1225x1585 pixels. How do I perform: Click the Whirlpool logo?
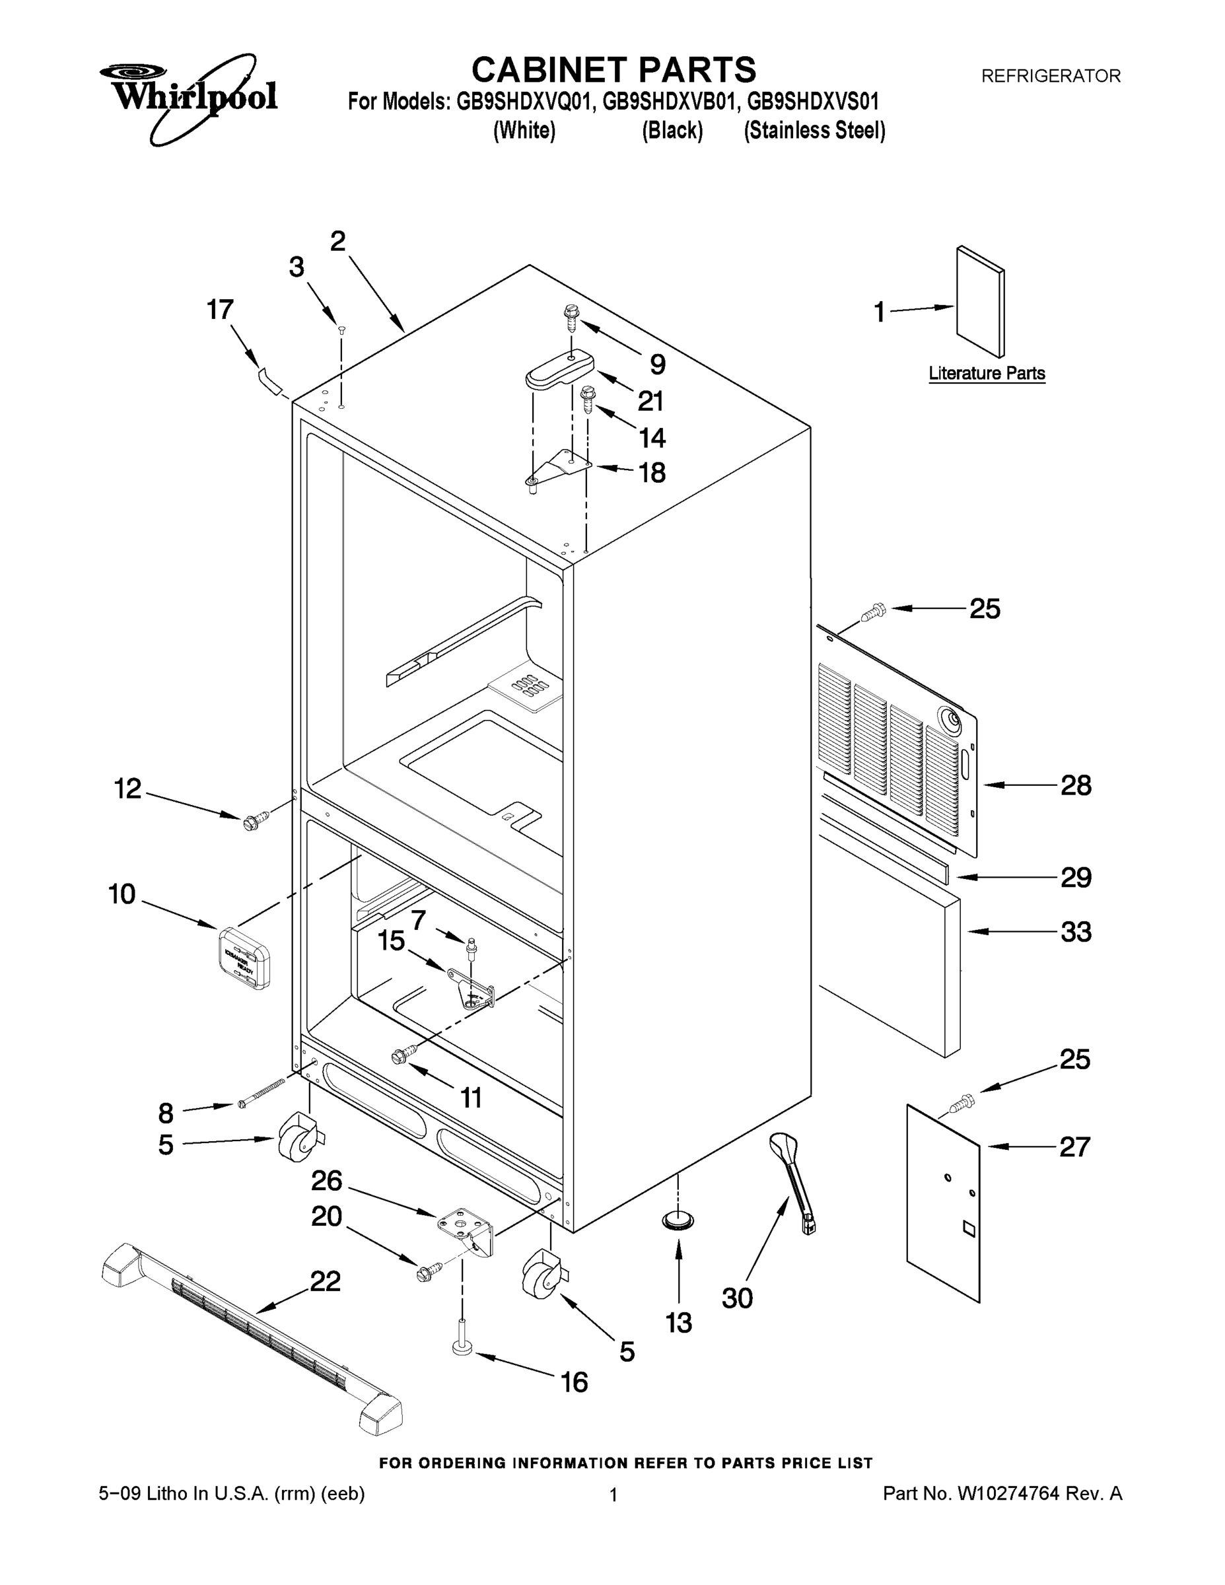point(189,98)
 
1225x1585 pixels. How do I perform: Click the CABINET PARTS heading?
point(613,71)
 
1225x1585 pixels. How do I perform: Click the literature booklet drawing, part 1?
point(981,301)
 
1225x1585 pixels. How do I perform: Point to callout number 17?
point(220,310)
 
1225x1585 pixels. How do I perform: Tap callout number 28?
point(1076,785)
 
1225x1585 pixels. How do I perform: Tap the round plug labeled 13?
point(678,1220)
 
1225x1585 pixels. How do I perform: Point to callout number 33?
point(1076,932)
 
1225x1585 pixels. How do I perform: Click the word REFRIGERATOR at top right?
point(1050,75)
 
